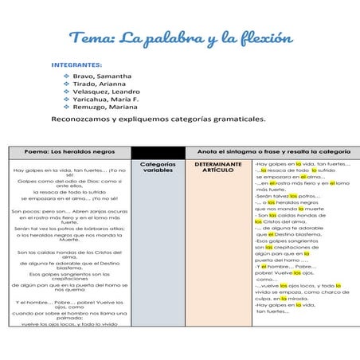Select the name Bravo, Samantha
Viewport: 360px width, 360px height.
pos(101,76)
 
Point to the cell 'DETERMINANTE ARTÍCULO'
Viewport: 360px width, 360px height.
pos(217,167)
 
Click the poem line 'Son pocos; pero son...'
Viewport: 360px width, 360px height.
pos(70,211)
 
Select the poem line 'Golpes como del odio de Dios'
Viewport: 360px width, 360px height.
pos(70,183)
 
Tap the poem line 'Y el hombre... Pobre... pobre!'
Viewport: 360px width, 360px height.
pos(70,303)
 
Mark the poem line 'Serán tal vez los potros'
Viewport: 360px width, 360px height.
pos(70,228)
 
